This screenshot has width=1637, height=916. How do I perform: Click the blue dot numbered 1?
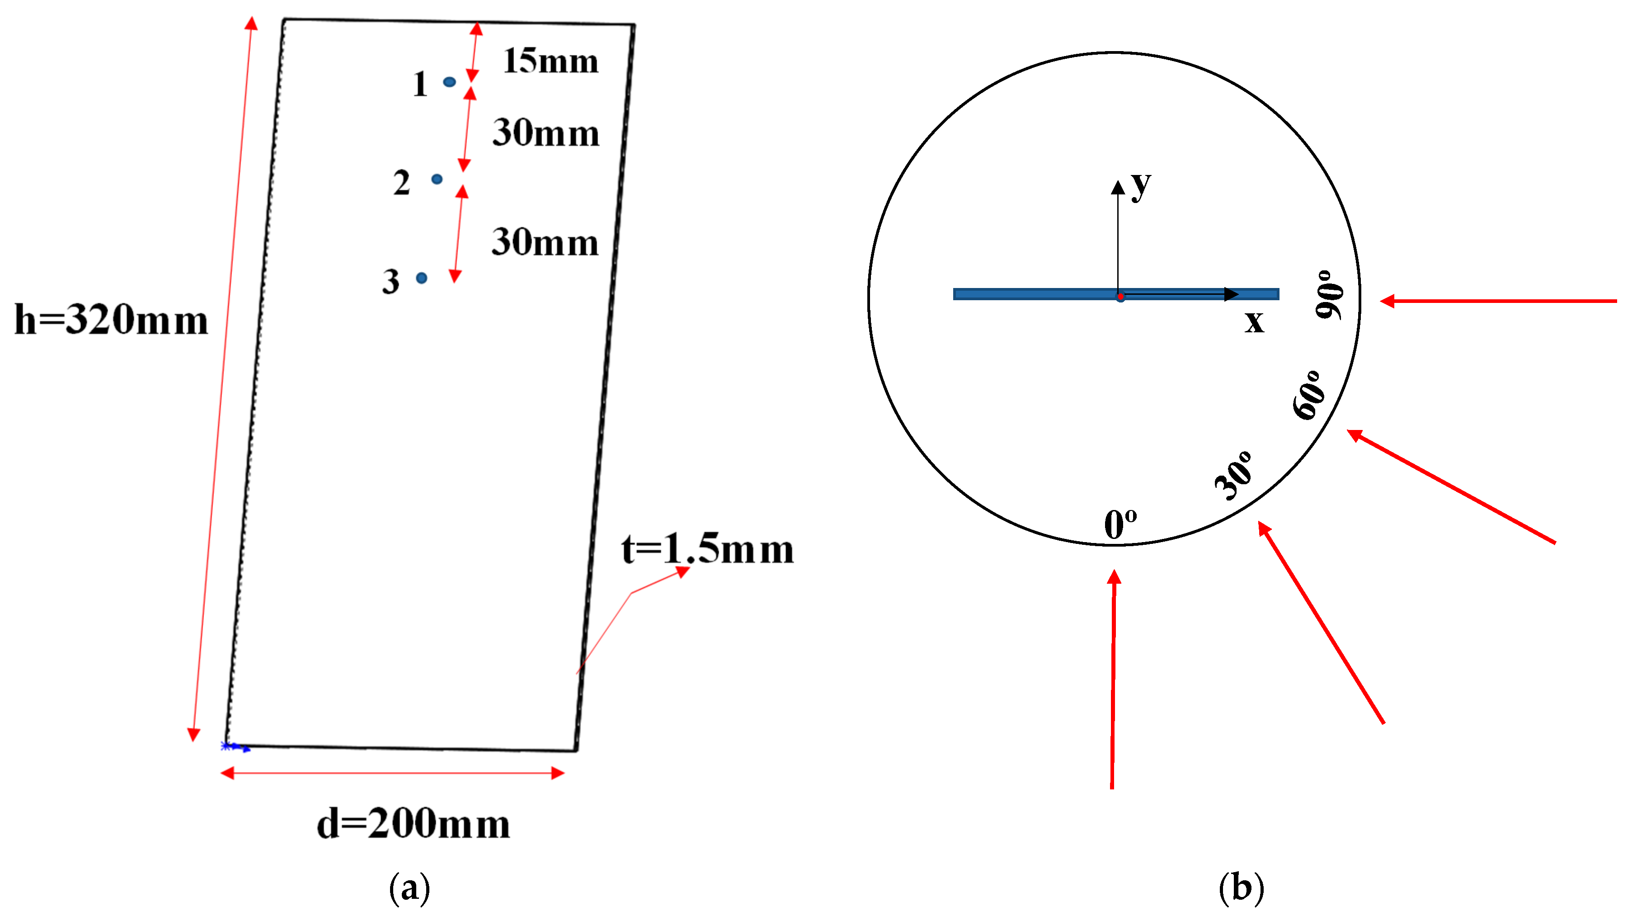(x=449, y=81)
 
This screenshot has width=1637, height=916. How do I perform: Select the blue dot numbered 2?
(x=437, y=179)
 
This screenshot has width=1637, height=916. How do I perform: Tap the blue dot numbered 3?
(x=421, y=278)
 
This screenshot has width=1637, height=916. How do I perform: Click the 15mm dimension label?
(x=550, y=61)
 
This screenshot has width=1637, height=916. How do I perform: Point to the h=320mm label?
(x=111, y=319)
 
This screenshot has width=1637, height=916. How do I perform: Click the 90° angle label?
(x=1329, y=294)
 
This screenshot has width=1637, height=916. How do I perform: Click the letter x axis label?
(x=1254, y=321)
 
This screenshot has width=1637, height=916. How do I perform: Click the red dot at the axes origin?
(x=1120, y=297)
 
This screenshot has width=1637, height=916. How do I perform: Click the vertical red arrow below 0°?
(x=1113, y=680)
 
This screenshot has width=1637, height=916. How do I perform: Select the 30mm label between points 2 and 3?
(x=545, y=242)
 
